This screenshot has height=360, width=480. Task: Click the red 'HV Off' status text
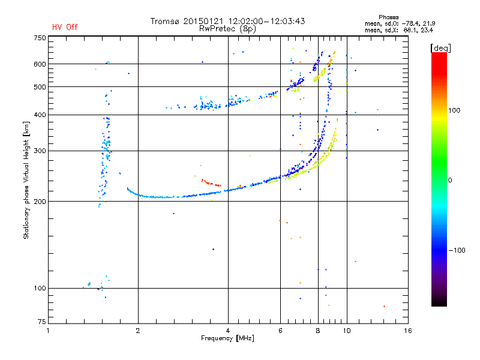(65, 27)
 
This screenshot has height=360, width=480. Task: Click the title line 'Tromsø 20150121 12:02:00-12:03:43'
(228, 21)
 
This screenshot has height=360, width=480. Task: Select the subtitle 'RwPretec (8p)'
(227, 29)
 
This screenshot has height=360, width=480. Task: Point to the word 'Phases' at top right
(388, 17)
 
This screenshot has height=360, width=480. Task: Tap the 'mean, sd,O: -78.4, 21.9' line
(400, 23)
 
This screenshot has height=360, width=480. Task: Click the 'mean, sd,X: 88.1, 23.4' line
(399, 30)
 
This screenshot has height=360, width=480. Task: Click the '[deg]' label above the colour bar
(440, 48)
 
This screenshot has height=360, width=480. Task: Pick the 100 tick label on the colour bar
(454, 110)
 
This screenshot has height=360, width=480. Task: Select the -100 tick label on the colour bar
(457, 250)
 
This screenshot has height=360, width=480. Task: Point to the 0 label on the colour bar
(450, 181)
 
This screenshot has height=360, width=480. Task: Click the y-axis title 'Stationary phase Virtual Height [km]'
(26, 180)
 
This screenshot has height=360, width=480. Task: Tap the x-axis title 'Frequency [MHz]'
(227, 338)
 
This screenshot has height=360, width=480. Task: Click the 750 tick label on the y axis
(40, 38)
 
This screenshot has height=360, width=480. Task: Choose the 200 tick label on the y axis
(40, 202)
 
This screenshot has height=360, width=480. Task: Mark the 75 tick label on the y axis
(42, 322)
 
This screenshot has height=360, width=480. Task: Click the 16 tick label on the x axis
(408, 331)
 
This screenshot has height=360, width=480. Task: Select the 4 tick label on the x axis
(228, 331)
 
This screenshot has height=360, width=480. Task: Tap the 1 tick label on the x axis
(48, 331)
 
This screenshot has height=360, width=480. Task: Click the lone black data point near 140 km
(214, 250)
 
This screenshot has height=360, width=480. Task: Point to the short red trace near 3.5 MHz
(211, 183)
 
